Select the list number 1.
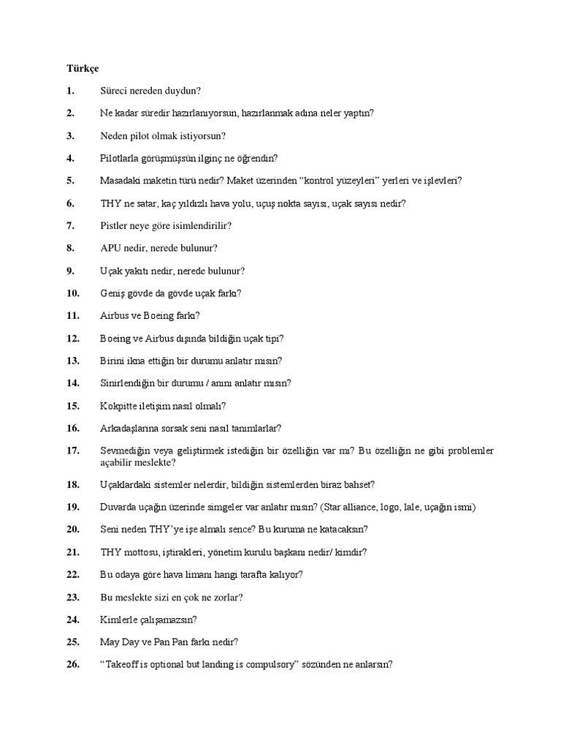69,91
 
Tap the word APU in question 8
110,248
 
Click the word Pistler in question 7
114,226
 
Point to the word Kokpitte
118,405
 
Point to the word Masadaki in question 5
119,181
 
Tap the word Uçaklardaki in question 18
124,484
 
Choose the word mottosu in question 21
140,552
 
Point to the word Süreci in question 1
113,91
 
